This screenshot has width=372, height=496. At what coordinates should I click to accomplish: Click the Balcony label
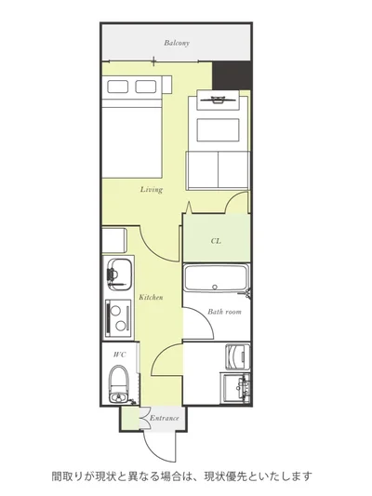tap(177, 43)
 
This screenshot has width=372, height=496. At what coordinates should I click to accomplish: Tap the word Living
tap(152, 190)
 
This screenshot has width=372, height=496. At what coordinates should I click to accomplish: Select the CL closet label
tap(216, 241)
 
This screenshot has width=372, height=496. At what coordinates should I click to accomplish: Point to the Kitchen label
tap(151, 298)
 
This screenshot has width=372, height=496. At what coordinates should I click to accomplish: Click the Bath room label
tap(224, 312)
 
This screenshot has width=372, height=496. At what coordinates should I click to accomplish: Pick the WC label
tap(120, 355)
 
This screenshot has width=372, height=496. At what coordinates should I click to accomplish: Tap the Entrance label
tap(164, 418)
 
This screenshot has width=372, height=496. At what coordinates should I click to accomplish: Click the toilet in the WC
tap(119, 383)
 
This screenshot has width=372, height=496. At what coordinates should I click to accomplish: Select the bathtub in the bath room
tap(216, 277)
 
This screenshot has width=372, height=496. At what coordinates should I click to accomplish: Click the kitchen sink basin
tap(119, 274)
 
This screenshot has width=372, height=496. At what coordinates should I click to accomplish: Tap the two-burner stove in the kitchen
tap(118, 318)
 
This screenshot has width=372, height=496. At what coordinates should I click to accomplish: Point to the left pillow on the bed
tap(117, 87)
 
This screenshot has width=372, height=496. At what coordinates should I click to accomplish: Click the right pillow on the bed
tap(146, 87)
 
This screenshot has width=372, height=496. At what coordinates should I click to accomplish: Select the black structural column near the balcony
tap(232, 76)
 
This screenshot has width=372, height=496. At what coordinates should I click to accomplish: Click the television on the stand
tap(218, 100)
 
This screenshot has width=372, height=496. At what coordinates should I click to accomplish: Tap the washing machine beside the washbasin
tap(238, 356)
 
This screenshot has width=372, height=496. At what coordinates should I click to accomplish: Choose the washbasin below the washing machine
tap(237, 388)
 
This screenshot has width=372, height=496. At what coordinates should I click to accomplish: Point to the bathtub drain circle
tap(215, 288)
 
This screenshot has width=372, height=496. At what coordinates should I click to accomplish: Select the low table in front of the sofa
tap(218, 130)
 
